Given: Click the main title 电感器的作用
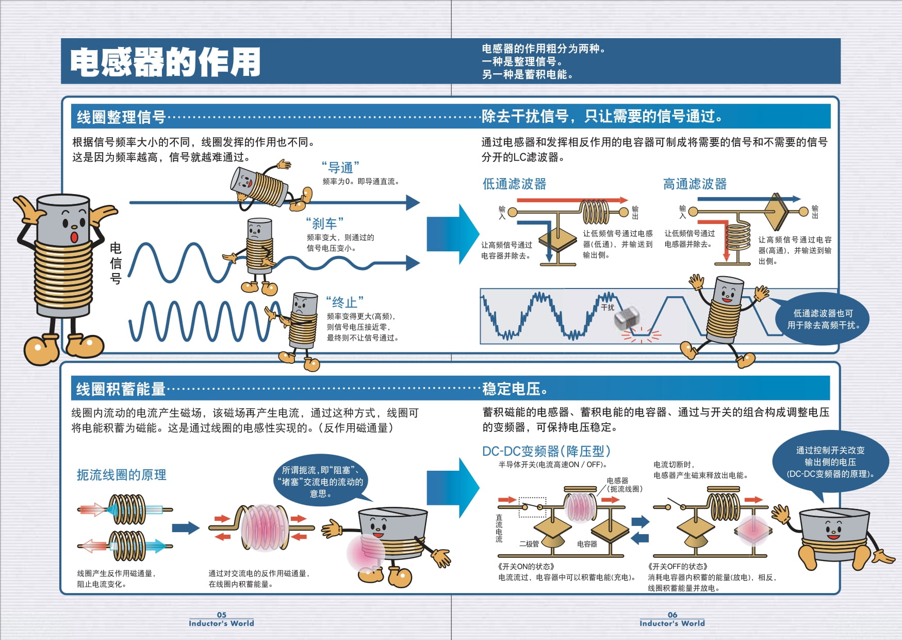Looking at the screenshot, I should pyautogui.click(x=165, y=62).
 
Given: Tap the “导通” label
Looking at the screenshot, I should pyautogui.click(x=340, y=168).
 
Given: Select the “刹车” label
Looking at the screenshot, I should pyautogui.click(x=324, y=223).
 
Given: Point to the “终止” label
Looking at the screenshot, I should pyautogui.click(x=345, y=302).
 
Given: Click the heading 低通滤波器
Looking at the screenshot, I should pyautogui.click(x=514, y=184).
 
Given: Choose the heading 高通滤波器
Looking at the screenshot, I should pyautogui.click(x=695, y=184).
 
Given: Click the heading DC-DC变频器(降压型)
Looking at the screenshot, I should pyautogui.click(x=546, y=452).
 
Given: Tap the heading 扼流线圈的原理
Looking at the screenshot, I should pyautogui.click(x=121, y=475).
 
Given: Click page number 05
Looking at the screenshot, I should pyautogui.click(x=221, y=615).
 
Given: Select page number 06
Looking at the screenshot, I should pyautogui.click(x=673, y=615).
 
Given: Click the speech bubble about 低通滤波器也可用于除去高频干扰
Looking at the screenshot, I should pyautogui.click(x=823, y=319).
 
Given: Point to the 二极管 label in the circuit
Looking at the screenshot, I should pyautogui.click(x=529, y=543).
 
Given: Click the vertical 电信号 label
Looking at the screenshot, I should pyautogui.click(x=116, y=263).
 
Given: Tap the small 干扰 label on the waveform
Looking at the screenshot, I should pyautogui.click(x=608, y=308).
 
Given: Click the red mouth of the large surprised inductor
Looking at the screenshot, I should pyautogui.click(x=74, y=237).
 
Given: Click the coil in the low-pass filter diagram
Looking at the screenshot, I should pyautogui.click(x=596, y=212).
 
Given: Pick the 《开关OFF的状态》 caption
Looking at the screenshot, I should pyautogui.click(x=678, y=566).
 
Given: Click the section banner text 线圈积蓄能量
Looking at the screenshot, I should pyautogui.click(x=121, y=389).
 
